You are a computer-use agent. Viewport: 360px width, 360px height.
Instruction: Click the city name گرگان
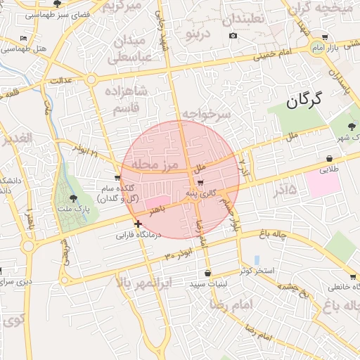(303, 101)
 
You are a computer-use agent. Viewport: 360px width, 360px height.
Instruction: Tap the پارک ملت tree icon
(74, 200)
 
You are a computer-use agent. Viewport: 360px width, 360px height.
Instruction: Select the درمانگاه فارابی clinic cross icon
(138, 224)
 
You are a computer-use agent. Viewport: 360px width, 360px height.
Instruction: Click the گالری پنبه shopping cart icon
(201, 182)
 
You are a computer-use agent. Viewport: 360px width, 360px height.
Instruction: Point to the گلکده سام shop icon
(117, 177)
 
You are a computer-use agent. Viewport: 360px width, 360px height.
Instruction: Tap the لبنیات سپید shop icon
(207, 273)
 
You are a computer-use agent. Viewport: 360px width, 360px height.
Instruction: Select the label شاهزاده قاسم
(125, 99)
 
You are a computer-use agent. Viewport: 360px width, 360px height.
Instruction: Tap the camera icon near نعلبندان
(233, 35)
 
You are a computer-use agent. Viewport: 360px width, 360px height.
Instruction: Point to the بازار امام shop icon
(324, 37)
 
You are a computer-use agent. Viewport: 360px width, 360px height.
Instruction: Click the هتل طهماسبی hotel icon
(24, 38)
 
